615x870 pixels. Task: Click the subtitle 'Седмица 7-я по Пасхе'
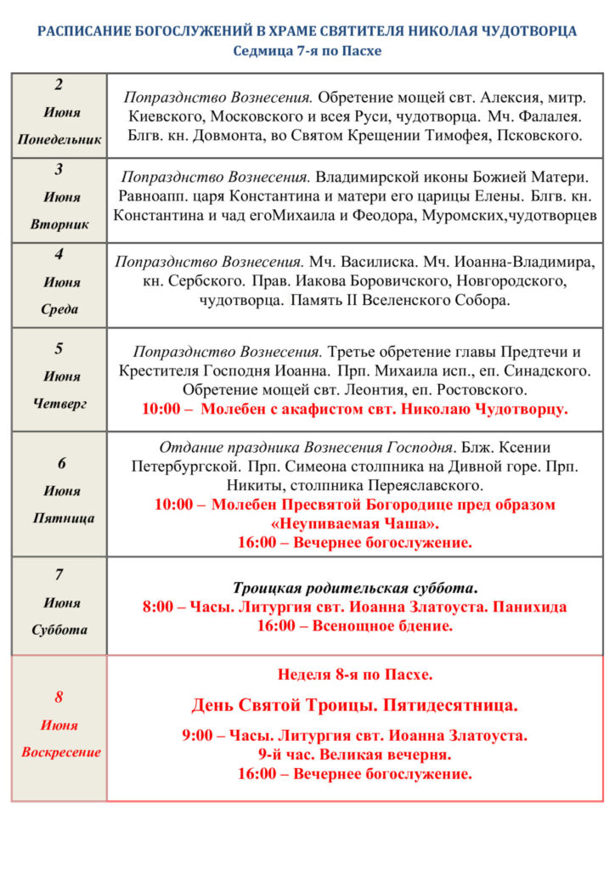307,51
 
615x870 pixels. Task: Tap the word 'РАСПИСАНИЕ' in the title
76,31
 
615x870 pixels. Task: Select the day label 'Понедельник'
59,139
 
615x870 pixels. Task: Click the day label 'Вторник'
59,224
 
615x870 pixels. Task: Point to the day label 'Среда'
59,309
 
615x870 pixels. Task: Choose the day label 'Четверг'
59,404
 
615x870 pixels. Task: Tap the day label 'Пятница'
59,517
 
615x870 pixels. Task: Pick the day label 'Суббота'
59,630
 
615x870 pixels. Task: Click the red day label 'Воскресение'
60,752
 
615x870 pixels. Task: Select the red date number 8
59,698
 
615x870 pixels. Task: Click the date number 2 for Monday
59,84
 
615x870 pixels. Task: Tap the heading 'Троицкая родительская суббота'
354,588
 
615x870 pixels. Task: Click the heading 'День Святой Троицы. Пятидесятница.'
354,705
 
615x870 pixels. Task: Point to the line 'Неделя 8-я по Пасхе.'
354,675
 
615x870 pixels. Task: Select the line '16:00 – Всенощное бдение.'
354,626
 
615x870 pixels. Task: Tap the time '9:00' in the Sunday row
197,736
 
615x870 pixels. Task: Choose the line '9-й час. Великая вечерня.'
354,754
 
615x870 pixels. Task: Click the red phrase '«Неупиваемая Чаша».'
354,523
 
